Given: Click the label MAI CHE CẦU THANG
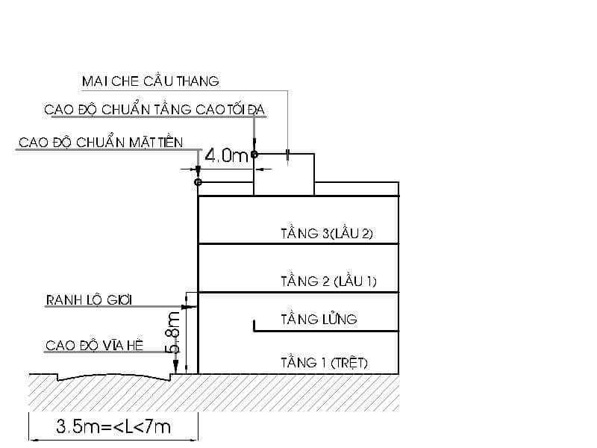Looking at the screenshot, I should (x=150, y=81).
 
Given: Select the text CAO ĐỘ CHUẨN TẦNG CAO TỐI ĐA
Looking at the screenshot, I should (x=154, y=110).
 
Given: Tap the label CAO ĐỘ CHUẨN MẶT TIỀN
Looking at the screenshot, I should (x=100, y=142).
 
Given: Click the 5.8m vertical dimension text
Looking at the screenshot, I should (x=172, y=335).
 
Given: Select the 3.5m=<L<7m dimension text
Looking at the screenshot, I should (x=113, y=427).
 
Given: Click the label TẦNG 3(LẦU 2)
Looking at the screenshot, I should (x=326, y=234).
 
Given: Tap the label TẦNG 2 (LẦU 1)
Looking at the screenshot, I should (x=328, y=281).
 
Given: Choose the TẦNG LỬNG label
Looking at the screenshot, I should (x=319, y=320).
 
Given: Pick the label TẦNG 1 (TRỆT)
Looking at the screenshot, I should (x=324, y=364).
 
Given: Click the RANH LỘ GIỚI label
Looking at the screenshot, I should (x=89, y=300).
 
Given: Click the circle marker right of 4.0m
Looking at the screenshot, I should (x=254, y=155).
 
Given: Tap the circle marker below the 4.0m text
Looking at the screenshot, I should (x=198, y=182).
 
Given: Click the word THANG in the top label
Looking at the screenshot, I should (x=198, y=81).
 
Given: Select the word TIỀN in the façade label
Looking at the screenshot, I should (x=169, y=142).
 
